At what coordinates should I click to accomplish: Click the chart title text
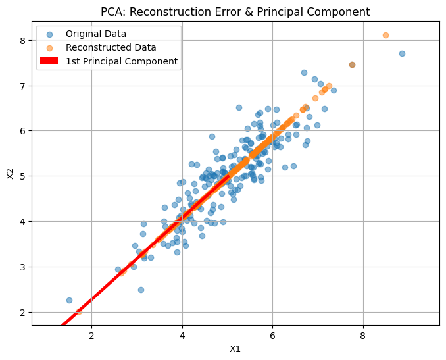235,12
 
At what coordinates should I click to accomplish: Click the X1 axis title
235,349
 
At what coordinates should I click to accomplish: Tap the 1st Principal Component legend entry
122,61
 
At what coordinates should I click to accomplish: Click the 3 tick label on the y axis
22,267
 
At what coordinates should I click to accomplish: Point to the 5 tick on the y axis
22,176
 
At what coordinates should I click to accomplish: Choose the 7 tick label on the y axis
22,86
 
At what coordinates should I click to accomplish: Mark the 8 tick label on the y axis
22,41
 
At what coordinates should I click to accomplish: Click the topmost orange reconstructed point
385,35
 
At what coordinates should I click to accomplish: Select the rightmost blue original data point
402,53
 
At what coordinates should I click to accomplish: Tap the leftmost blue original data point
69,300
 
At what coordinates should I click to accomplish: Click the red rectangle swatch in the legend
49,61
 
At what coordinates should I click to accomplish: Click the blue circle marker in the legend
49,33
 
